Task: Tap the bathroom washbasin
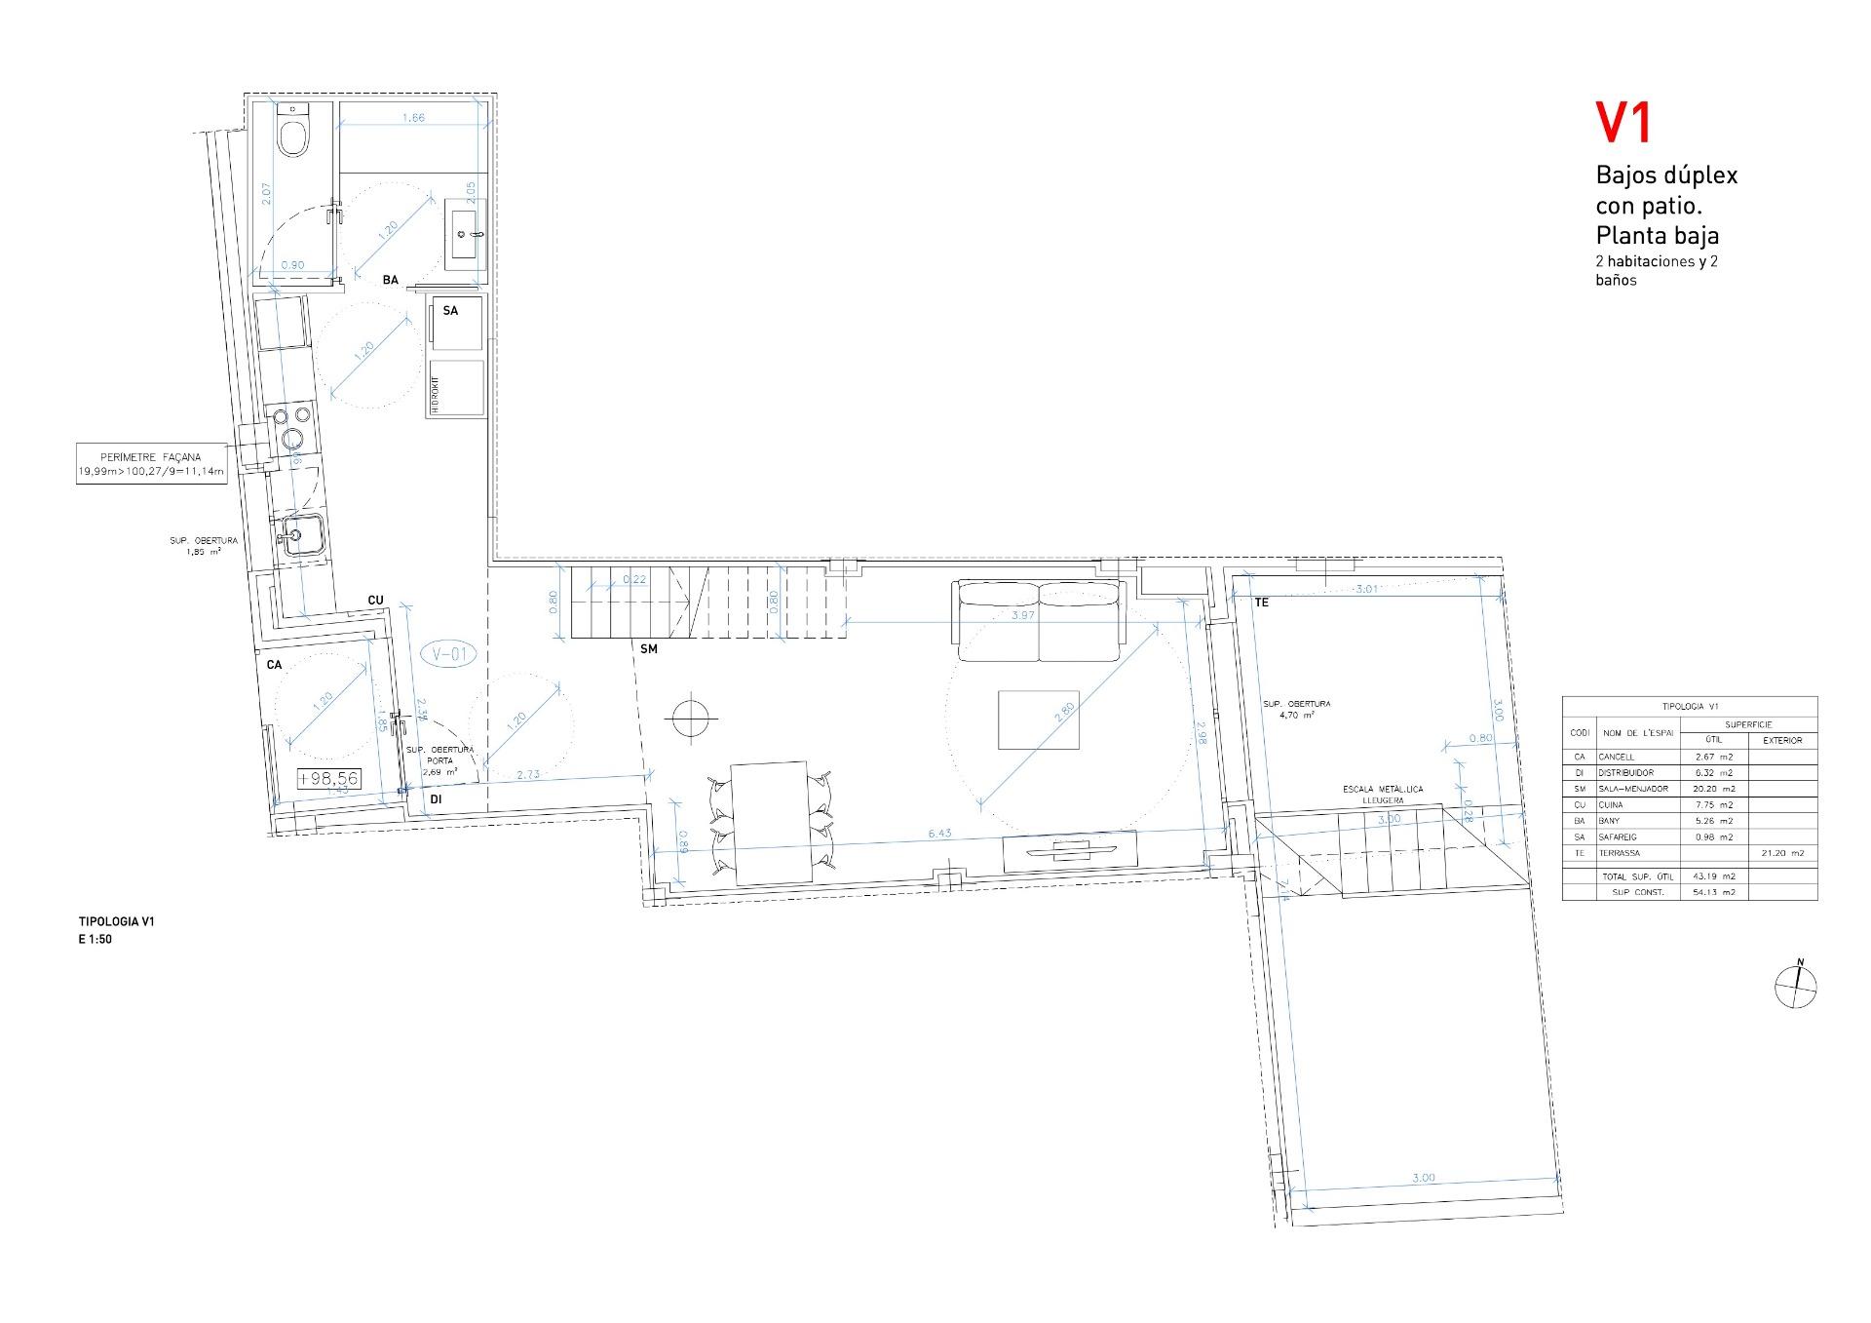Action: tap(465, 234)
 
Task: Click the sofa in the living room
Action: tap(1041, 620)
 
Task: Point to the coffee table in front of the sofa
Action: tap(1038, 719)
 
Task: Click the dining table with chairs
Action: tap(770, 821)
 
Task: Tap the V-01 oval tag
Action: tap(449, 654)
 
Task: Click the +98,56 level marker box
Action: tap(329, 778)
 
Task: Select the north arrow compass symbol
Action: tap(1795, 986)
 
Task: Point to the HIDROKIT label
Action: tap(436, 395)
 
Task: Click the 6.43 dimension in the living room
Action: tap(939, 834)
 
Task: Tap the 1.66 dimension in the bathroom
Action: tap(413, 118)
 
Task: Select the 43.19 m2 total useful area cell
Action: tap(1715, 876)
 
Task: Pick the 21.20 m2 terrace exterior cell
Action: tap(1783, 853)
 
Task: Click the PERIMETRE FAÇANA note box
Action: tap(151, 464)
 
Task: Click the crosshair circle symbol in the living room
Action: tap(688, 719)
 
